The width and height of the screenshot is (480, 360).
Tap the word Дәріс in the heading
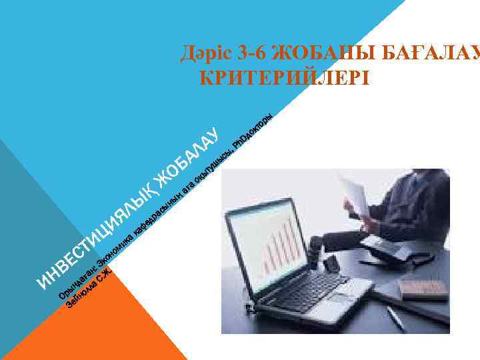(204, 53)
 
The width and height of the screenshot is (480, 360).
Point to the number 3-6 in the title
(251, 53)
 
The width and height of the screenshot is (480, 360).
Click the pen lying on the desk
(395, 317)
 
